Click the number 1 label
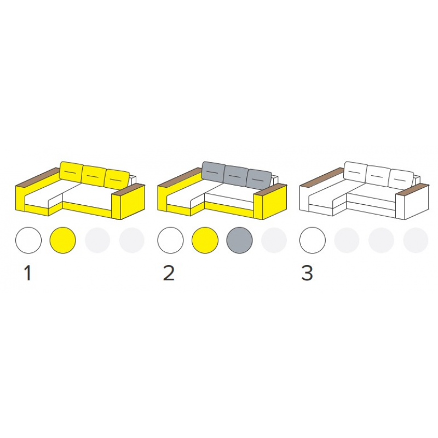click(28, 273)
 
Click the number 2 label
click(169, 273)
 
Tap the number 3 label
click(307, 273)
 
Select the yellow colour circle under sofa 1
click(62, 240)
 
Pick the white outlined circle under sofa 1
click(28, 240)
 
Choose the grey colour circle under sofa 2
click(239, 240)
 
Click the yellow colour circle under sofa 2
click(205, 240)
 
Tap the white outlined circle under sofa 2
click(170, 240)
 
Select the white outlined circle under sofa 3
click(312, 240)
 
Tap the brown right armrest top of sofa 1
click(129, 189)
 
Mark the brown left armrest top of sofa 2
click(180, 177)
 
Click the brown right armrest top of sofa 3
click(413, 189)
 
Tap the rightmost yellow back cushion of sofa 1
click(117, 179)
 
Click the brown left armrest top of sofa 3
click(321, 177)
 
